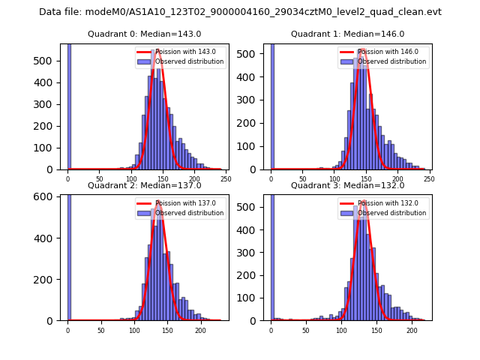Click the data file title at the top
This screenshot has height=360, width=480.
click(x=240, y=12)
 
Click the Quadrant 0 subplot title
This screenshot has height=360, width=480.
click(x=144, y=34)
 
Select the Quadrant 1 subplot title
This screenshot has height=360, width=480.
click(x=347, y=34)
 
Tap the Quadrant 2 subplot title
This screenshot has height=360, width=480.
click(x=144, y=185)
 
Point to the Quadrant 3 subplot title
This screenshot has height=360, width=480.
click(x=347, y=185)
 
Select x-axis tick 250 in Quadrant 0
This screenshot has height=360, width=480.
click(x=225, y=179)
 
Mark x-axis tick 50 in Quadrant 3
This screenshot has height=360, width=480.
click(x=306, y=330)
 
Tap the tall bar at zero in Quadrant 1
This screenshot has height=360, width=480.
click(x=272, y=105)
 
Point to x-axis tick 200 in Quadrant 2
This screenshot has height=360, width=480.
click(x=200, y=330)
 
